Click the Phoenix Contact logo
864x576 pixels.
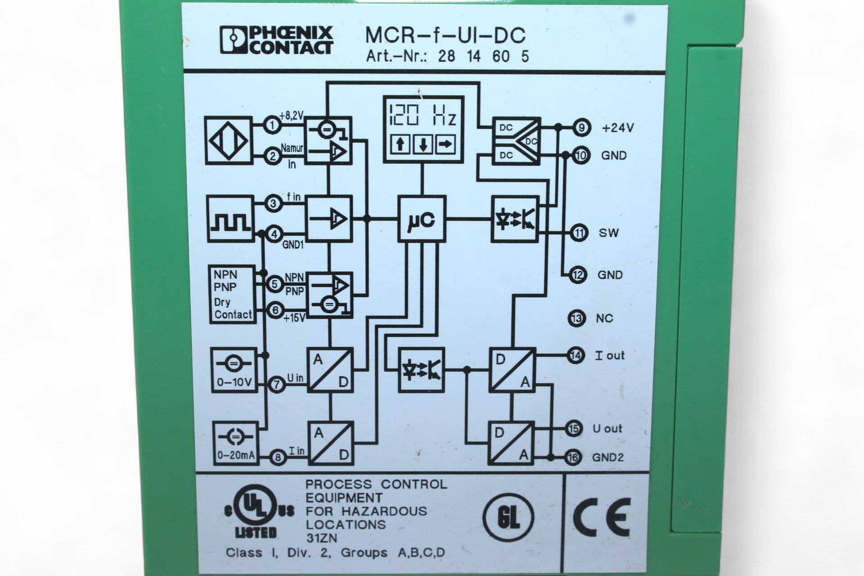click(276, 40)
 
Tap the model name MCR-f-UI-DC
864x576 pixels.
click(445, 35)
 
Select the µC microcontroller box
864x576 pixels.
click(422, 219)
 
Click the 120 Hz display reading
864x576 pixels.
click(423, 115)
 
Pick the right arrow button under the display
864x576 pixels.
click(445, 145)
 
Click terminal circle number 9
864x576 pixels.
click(581, 128)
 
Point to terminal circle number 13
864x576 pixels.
click(576, 319)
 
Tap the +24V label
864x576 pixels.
click(617, 128)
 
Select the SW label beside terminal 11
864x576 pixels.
click(608, 233)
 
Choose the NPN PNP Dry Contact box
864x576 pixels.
click(232, 294)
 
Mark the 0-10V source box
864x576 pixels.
click(234, 370)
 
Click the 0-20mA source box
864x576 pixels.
click(236, 443)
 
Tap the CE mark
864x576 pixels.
click(602, 517)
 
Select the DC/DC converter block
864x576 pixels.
click(516, 141)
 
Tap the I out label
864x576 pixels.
click(610, 355)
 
